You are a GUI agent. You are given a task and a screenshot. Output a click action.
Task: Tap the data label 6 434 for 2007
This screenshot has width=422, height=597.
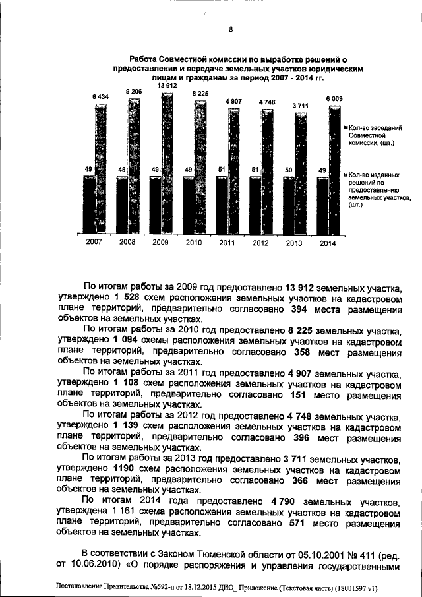point(101,97)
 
